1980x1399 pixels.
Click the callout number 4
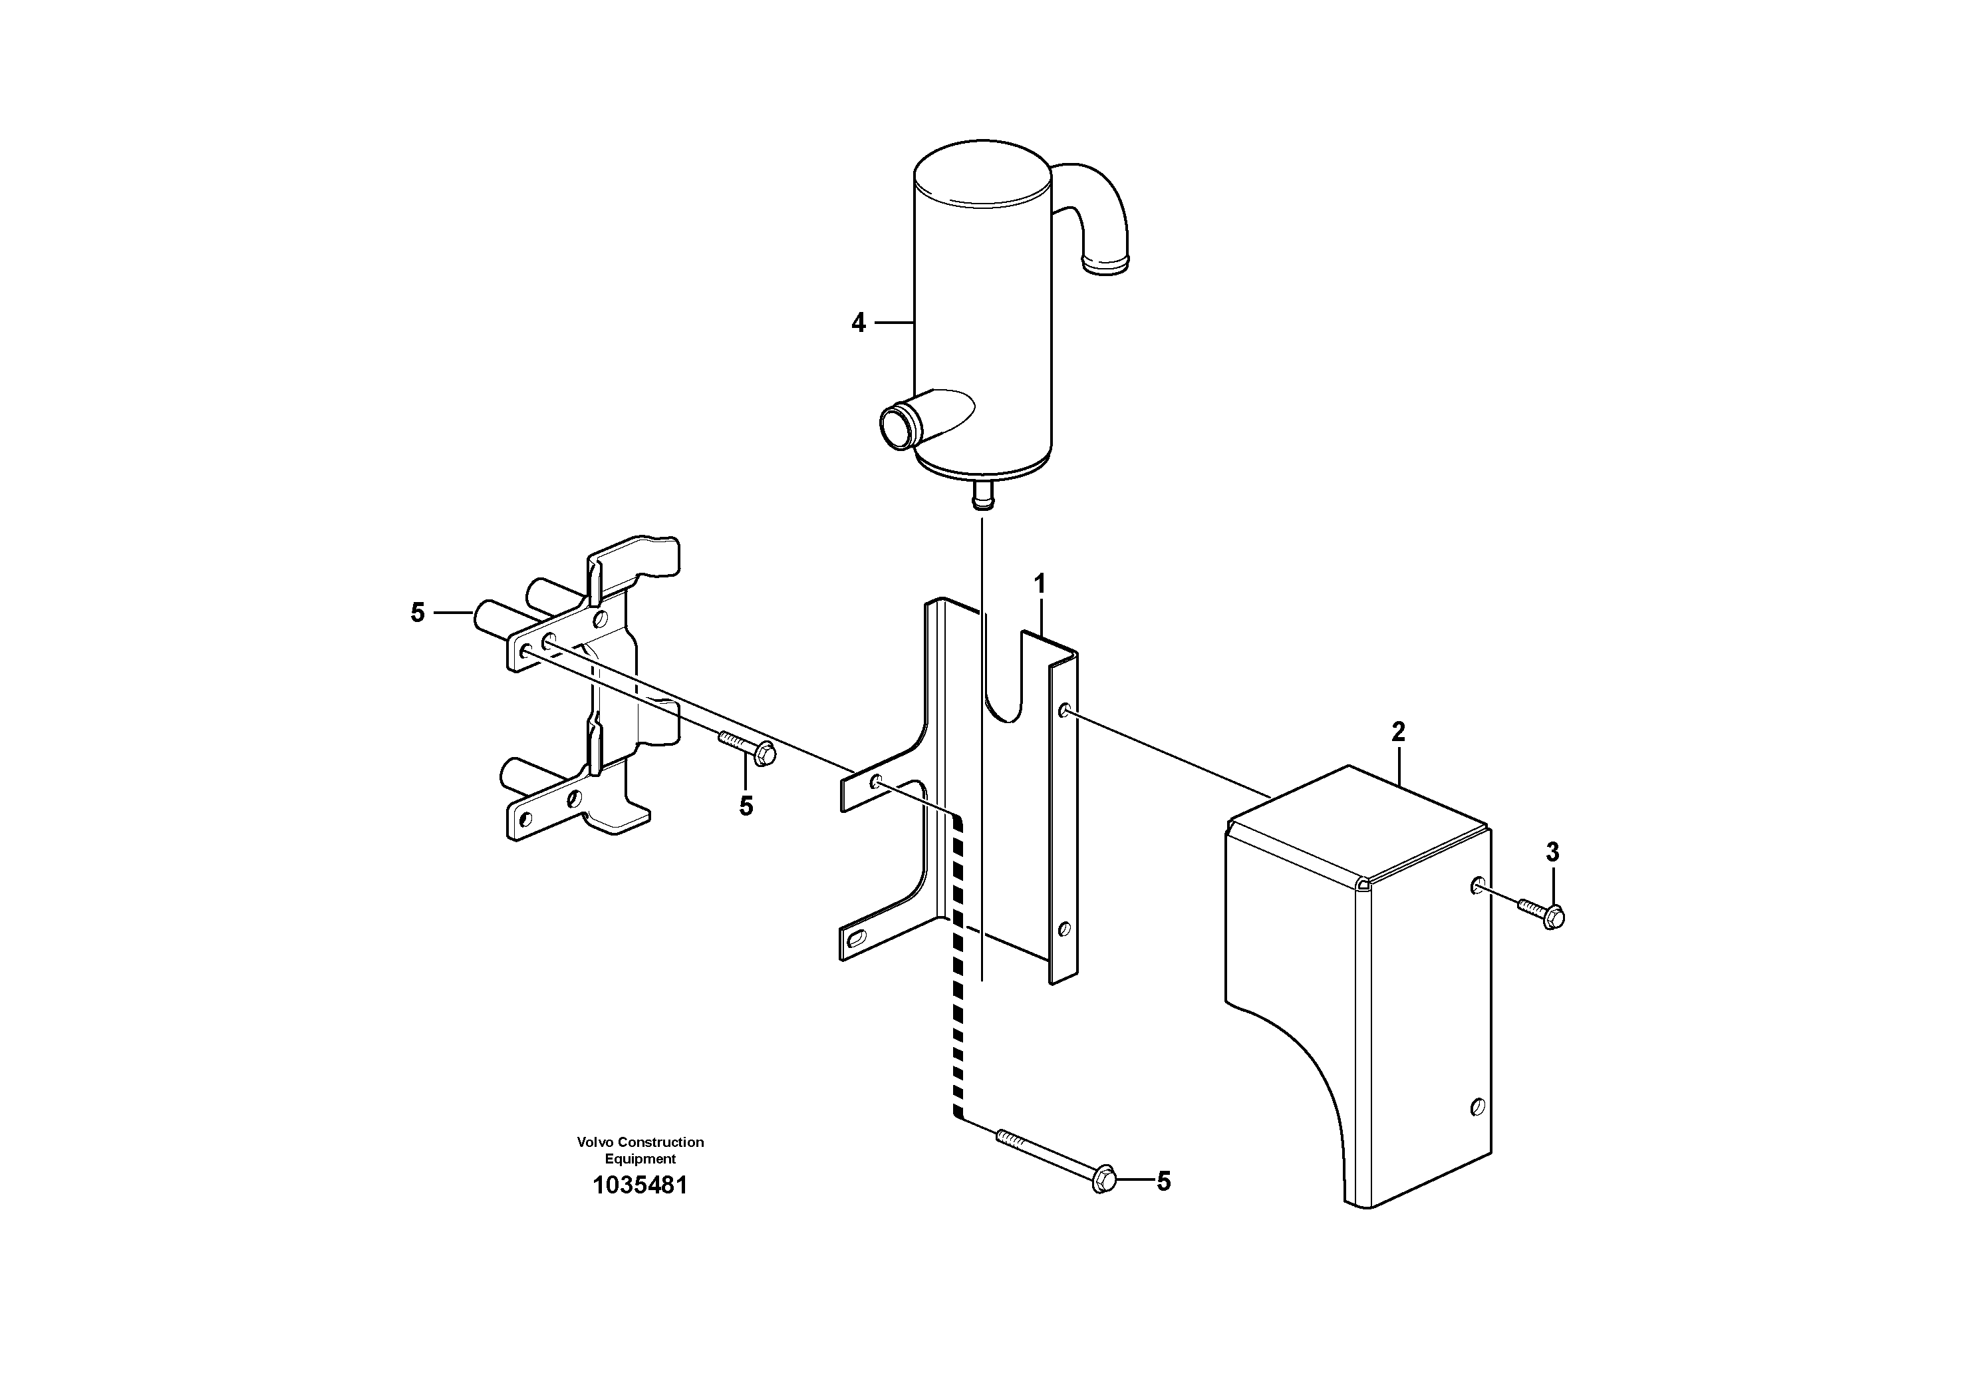coord(858,323)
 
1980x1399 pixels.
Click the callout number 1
coord(1040,584)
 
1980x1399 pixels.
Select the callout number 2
coord(1398,732)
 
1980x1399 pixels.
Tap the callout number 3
coord(1552,852)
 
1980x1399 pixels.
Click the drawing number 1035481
coord(640,1185)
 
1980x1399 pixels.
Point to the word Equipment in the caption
coord(640,1160)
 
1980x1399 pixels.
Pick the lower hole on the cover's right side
coord(1477,1106)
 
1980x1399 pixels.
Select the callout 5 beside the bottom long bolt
coord(1163,1181)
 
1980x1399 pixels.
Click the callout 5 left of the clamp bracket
coord(418,613)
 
